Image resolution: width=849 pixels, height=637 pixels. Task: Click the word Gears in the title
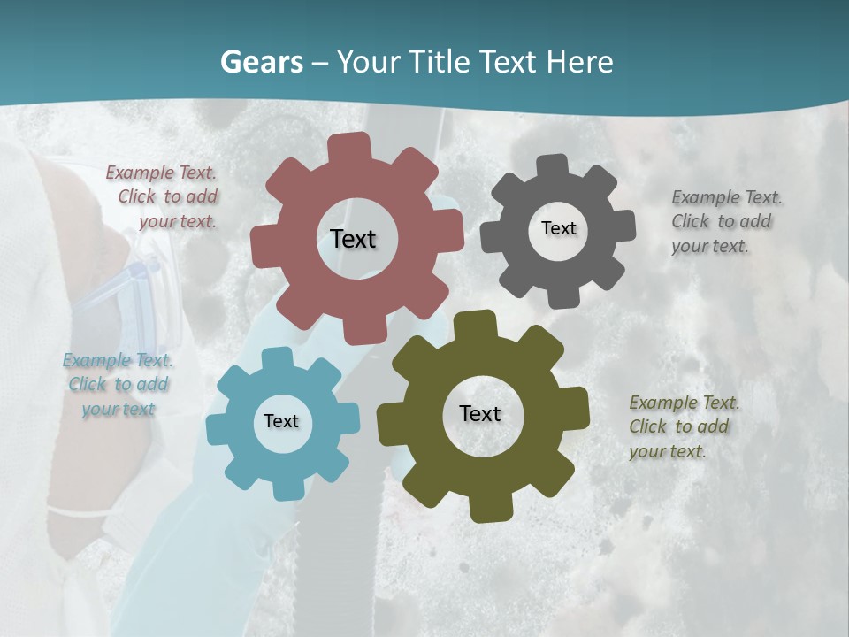coord(258,62)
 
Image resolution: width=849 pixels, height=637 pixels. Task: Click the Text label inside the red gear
coord(353,239)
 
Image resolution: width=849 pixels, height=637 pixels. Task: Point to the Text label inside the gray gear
coord(558,228)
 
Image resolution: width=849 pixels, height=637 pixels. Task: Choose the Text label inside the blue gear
coord(281,421)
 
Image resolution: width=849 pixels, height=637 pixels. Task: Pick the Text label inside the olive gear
coord(480,413)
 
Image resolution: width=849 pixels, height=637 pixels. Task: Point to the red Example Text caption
coord(162,196)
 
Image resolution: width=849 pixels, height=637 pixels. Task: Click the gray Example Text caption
coord(726,221)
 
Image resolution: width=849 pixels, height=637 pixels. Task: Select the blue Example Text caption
coord(118,384)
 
